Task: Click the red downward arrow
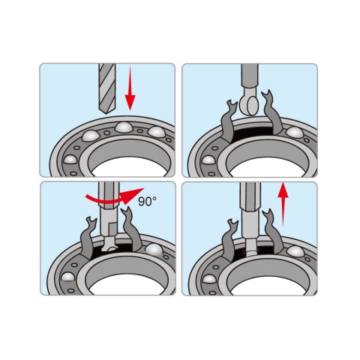(x=130, y=88)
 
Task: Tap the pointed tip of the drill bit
(x=107, y=114)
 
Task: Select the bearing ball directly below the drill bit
(x=124, y=127)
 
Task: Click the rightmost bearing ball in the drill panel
(x=157, y=132)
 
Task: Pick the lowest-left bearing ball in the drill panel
(x=70, y=160)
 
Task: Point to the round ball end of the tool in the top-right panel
(x=249, y=105)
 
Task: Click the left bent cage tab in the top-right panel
(x=229, y=121)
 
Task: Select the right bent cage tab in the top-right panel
(x=271, y=112)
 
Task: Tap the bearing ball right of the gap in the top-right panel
(x=295, y=133)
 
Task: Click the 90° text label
(x=148, y=201)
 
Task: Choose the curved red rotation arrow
(x=115, y=196)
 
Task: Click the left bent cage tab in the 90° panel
(x=88, y=238)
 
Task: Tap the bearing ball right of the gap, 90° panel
(x=154, y=250)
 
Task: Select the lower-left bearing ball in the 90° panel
(x=68, y=277)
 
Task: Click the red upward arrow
(x=283, y=205)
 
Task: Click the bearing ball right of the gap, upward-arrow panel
(x=295, y=251)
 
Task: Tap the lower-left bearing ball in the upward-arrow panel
(x=209, y=278)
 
